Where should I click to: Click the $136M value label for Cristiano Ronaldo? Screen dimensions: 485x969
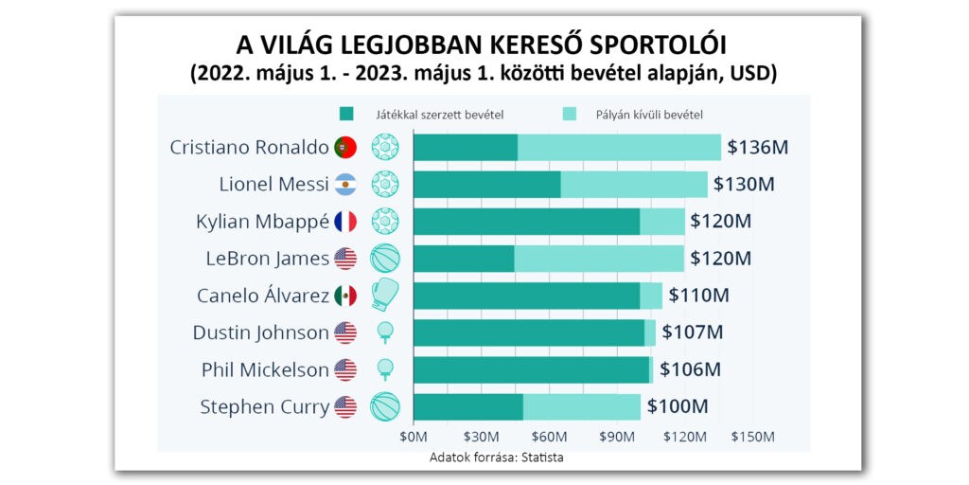(x=758, y=148)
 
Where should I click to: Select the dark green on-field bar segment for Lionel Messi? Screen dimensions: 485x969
(x=486, y=185)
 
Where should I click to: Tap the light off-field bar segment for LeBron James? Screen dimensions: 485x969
(x=598, y=259)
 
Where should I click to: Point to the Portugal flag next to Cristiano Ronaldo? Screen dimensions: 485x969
(x=345, y=148)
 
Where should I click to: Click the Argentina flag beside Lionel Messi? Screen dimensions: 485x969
(x=345, y=185)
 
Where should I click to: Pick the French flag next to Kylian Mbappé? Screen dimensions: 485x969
(x=345, y=222)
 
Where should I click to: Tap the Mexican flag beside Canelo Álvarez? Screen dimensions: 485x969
(x=345, y=296)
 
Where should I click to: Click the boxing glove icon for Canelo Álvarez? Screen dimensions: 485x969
(x=385, y=295)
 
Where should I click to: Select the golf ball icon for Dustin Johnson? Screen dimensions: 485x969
(x=385, y=332)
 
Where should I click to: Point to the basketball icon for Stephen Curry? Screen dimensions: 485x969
(x=385, y=406)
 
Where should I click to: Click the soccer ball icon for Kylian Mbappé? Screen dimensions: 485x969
(x=385, y=222)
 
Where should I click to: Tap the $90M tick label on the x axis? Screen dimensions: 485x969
(x=617, y=438)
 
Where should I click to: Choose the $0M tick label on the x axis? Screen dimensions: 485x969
(x=414, y=438)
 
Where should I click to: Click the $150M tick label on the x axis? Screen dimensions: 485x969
(x=753, y=438)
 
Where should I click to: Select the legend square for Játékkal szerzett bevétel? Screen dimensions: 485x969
(x=346, y=115)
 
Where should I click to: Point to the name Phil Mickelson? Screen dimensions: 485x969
(x=265, y=369)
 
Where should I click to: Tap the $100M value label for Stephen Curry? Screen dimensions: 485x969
(x=678, y=406)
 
